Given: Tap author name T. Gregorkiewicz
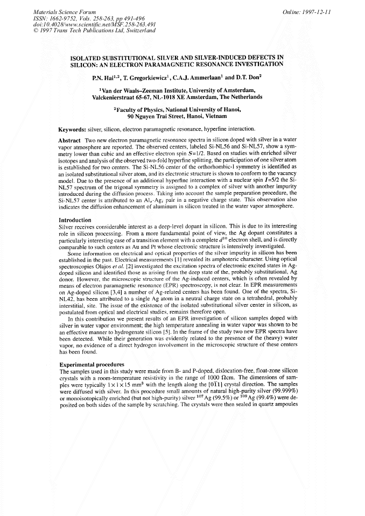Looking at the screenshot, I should click(x=147, y=77).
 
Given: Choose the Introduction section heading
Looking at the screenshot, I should click(x=75, y=220).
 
